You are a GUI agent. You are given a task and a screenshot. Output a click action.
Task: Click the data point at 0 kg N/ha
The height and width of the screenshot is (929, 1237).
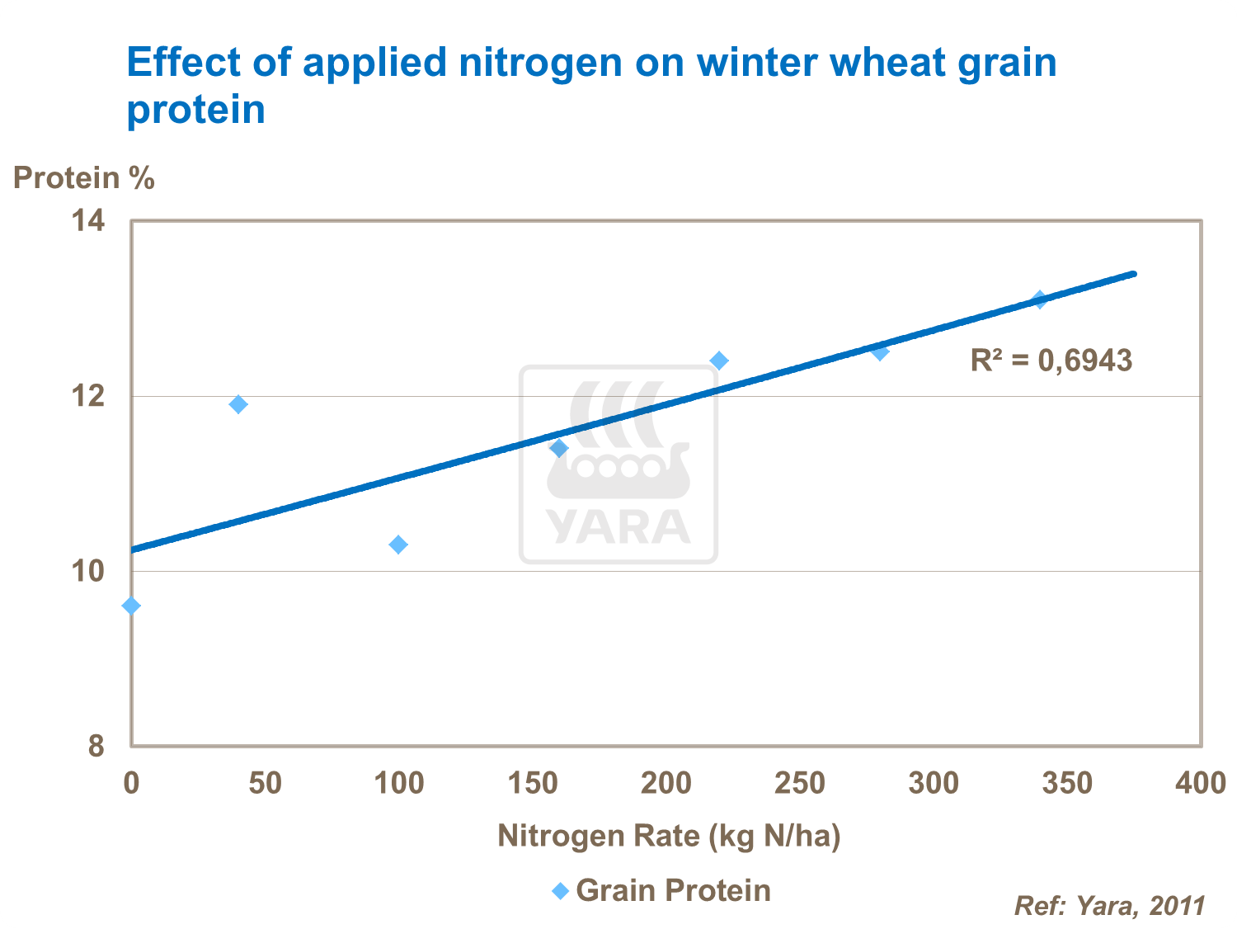click(x=131, y=606)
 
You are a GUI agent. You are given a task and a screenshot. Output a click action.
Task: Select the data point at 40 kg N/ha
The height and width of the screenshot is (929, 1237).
click(x=238, y=404)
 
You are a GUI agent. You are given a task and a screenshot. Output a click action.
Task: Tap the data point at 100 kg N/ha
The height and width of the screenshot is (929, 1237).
click(x=398, y=545)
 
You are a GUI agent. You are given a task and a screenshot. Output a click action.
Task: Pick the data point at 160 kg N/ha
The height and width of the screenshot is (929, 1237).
click(x=559, y=448)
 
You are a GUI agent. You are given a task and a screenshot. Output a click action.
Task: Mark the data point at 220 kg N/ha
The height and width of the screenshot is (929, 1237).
click(x=719, y=361)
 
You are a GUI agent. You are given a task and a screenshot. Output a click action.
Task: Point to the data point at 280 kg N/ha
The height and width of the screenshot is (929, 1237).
click(x=880, y=352)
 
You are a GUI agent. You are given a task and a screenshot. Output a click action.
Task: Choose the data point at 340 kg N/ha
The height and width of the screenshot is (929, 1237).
click(x=1040, y=299)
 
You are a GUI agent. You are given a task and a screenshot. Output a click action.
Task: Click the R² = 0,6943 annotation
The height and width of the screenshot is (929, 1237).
click(x=1051, y=361)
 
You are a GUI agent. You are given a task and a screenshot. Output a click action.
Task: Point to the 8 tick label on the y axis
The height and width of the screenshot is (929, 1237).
click(x=96, y=746)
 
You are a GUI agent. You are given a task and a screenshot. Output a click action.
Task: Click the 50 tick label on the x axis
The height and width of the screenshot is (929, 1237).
click(x=266, y=783)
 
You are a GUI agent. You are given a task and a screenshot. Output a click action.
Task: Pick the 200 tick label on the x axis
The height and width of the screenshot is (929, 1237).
click(x=666, y=783)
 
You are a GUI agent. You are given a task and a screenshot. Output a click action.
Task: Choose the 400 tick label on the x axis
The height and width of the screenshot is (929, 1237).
click(x=1201, y=783)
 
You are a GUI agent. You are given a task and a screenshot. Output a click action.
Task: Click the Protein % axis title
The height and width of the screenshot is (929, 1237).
click(x=84, y=178)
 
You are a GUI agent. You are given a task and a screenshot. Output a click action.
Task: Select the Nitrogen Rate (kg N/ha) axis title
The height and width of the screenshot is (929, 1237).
click(x=669, y=836)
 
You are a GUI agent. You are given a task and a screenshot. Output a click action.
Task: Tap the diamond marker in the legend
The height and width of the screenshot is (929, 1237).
click(x=561, y=891)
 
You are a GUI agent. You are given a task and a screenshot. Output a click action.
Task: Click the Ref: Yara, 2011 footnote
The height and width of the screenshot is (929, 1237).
click(x=1109, y=906)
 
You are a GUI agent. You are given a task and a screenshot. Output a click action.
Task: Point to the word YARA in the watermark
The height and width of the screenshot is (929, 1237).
click(x=618, y=526)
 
